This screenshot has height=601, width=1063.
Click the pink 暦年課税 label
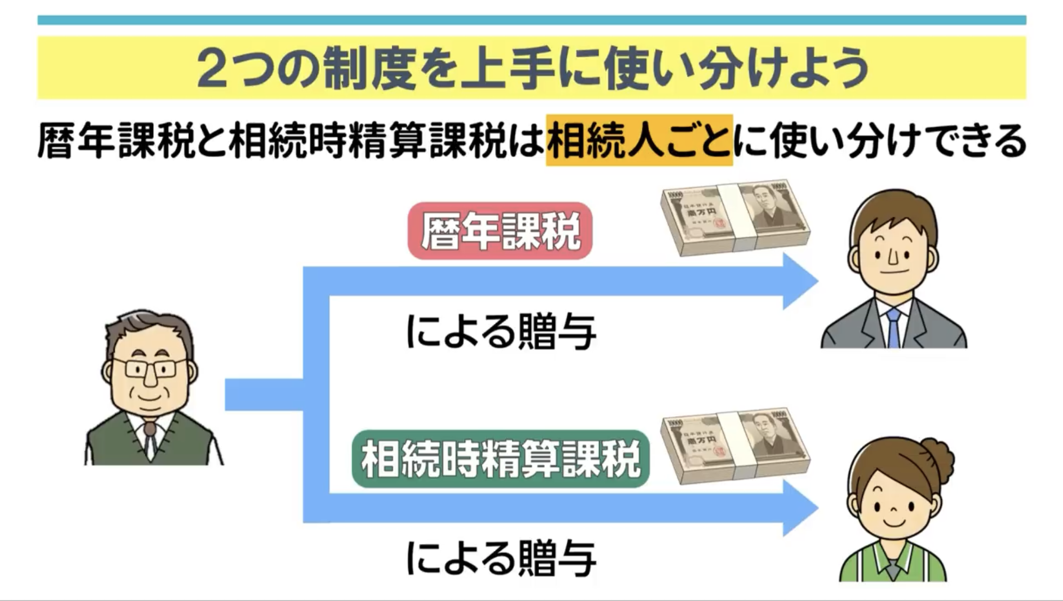click(500, 231)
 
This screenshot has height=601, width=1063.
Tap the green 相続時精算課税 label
click(501, 459)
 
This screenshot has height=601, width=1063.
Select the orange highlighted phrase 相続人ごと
click(639, 140)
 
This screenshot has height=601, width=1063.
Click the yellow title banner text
click(531, 68)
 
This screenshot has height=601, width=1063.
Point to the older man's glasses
click(150, 368)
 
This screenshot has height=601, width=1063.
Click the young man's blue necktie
click(893, 327)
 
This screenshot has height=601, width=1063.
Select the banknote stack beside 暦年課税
click(735, 217)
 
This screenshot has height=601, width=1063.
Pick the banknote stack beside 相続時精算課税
click(735, 446)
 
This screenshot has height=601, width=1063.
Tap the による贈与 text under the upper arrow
click(501, 332)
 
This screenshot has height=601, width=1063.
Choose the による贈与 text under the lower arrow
click(501, 559)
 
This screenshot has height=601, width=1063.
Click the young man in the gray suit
click(893, 272)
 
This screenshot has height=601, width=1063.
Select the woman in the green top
click(894, 513)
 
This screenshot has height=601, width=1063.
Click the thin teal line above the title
click(531, 20)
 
